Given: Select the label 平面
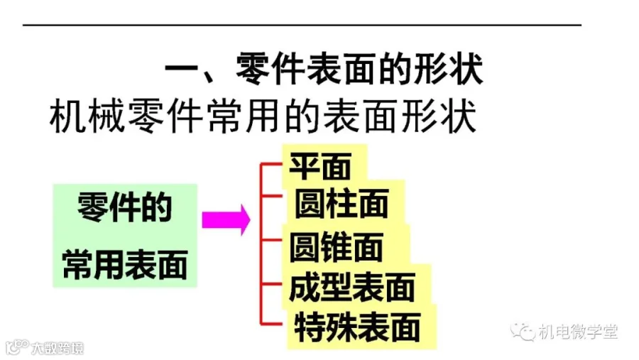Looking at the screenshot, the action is [x=320, y=168].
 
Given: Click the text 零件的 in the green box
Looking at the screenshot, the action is [x=125, y=209].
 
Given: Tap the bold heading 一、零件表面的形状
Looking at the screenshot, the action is [x=324, y=72].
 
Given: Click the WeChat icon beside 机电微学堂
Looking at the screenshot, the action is [x=525, y=332].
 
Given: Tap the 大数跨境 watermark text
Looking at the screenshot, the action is [x=57, y=348].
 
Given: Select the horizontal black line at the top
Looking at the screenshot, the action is [x=302, y=25].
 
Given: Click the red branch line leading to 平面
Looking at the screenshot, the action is [x=273, y=164].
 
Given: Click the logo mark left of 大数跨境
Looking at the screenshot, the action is [x=16, y=348].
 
